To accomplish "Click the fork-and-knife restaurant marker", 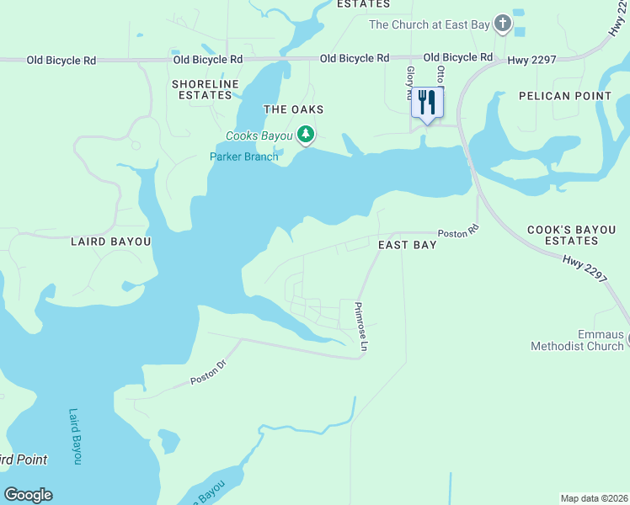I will [x=427, y=103].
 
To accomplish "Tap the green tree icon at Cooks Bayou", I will [x=306, y=135].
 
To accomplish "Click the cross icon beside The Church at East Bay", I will [x=503, y=24].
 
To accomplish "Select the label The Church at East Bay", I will [x=429, y=25].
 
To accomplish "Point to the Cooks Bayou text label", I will [x=259, y=136].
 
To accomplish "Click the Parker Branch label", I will [x=243, y=157].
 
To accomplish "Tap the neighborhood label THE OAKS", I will [x=293, y=110].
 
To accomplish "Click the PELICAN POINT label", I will [x=565, y=96].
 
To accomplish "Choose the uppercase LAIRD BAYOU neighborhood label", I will [x=110, y=242].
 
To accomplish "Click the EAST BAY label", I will [x=407, y=245].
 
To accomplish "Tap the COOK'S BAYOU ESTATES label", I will [x=574, y=235].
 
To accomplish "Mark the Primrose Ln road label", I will [x=361, y=327].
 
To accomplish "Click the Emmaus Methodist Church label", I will [x=577, y=341].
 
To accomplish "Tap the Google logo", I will [x=28, y=495].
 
